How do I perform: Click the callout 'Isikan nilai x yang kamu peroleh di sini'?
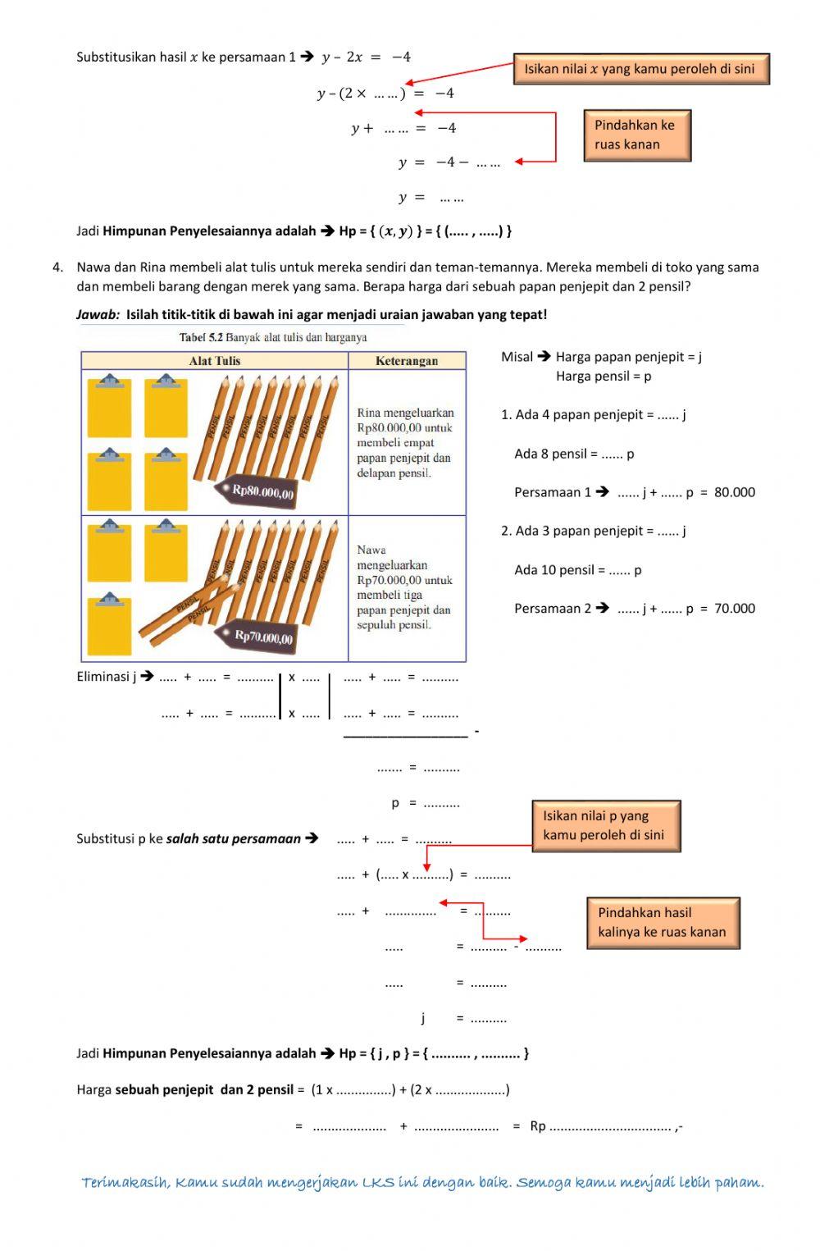640,69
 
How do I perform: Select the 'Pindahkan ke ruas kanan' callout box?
637,135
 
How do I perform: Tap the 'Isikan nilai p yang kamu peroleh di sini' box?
606,826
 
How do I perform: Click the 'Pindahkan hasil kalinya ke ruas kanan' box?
663,923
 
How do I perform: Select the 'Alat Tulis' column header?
214,361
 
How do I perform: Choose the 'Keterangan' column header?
407,361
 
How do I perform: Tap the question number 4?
57,267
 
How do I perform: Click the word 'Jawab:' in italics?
98,314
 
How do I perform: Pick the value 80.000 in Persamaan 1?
735,492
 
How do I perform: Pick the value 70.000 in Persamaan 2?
735,609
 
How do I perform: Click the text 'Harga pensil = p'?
604,377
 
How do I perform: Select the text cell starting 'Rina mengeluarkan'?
405,443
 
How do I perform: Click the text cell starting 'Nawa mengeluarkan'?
404,587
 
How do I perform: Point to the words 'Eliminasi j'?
106,677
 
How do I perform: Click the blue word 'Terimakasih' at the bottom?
125,1182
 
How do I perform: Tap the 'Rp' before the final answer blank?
538,1126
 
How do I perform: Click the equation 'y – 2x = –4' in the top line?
366,57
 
